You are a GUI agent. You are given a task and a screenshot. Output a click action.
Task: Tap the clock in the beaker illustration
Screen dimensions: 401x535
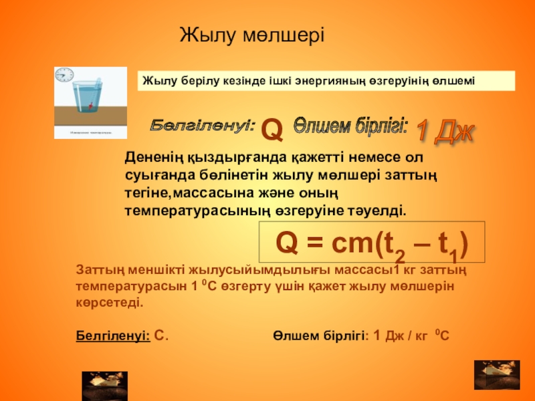pyautogui.click(x=64, y=74)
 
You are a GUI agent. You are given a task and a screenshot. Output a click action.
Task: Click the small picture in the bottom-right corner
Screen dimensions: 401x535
pyautogui.click(x=496, y=375)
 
